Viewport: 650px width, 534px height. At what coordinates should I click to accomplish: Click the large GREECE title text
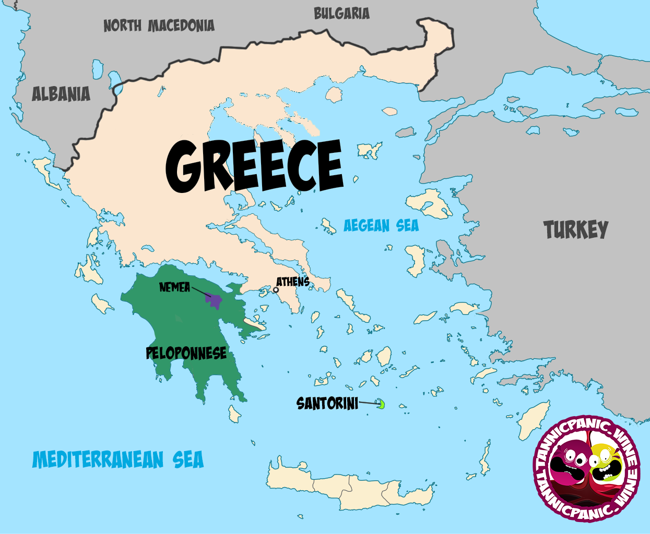[254, 166]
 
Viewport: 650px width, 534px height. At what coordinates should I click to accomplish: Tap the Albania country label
[61, 94]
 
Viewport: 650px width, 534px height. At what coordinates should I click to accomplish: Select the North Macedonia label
[159, 26]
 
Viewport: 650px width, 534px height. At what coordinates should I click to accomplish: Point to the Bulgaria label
[341, 14]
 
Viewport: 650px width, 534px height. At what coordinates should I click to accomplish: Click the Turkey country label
[576, 229]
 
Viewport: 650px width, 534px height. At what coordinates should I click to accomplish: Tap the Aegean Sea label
[381, 226]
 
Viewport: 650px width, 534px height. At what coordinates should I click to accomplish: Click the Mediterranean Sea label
[118, 460]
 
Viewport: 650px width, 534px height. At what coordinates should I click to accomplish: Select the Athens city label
[293, 282]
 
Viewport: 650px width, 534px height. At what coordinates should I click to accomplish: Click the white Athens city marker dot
[276, 290]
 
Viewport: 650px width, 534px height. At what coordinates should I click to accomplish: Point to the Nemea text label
[174, 287]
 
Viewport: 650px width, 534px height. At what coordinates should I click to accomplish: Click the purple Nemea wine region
[215, 301]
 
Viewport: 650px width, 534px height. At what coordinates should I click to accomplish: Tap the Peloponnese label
[186, 354]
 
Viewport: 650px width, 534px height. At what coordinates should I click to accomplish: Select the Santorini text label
[327, 403]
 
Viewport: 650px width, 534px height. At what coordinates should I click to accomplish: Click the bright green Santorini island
[382, 404]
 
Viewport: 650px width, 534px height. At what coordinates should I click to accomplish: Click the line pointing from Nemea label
[199, 292]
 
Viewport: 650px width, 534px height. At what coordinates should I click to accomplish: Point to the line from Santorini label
[369, 403]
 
